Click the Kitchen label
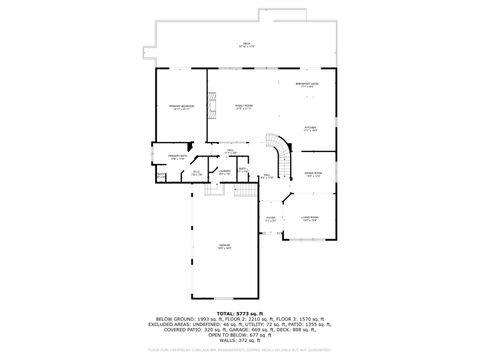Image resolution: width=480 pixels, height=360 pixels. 310,129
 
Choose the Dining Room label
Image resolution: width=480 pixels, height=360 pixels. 312,173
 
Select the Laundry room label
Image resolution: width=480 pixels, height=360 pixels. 225,172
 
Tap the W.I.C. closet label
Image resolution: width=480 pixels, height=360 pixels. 197,173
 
